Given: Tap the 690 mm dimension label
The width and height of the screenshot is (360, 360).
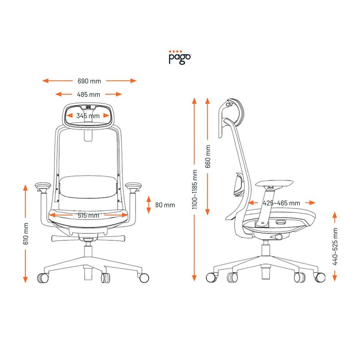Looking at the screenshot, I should click(89, 81).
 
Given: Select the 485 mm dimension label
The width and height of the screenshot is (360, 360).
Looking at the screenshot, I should click(89, 95).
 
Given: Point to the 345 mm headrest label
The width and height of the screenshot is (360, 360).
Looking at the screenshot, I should click(88, 116).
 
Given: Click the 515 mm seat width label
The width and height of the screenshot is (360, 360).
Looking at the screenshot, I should click(88, 216).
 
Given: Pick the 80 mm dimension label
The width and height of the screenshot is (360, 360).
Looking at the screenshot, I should click(165, 205).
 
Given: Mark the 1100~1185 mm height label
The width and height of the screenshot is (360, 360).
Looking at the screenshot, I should click(194, 189).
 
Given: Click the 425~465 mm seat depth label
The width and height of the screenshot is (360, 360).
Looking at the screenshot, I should click(281, 203).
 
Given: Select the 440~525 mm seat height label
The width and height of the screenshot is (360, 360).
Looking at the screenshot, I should click(335, 246).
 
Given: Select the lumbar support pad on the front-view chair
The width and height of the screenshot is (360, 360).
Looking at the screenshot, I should click(88, 186).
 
